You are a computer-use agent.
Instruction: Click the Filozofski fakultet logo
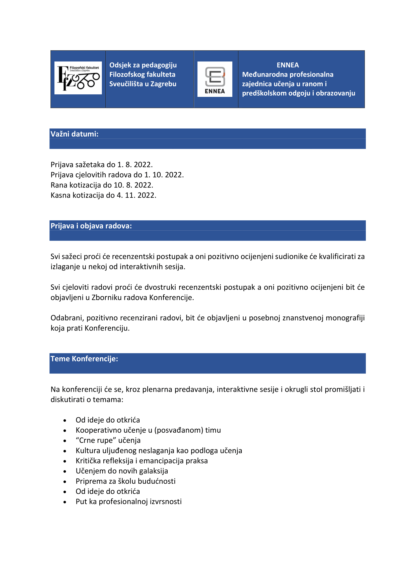[x=78, y=78]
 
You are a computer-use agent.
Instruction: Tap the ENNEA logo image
[x=215, y=79]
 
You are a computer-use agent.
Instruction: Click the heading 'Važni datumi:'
[x=74, y=134]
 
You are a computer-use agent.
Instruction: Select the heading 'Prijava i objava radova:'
[x=91, y=226]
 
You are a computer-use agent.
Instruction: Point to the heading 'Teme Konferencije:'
[x=84, y=359]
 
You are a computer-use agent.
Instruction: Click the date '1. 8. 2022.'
[x=135, y=165]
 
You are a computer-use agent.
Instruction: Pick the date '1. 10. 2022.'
[x=164, y=175]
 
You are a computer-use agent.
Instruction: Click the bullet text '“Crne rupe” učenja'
[x=108, y=440]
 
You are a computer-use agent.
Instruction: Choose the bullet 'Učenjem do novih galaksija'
[x=122, y=471]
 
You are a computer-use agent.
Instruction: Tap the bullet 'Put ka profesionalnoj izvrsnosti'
[x=128, y=502]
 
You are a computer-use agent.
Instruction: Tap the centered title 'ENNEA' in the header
[x=288, y=65]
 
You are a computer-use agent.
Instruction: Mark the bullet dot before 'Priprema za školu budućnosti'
[x=65, y=482]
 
